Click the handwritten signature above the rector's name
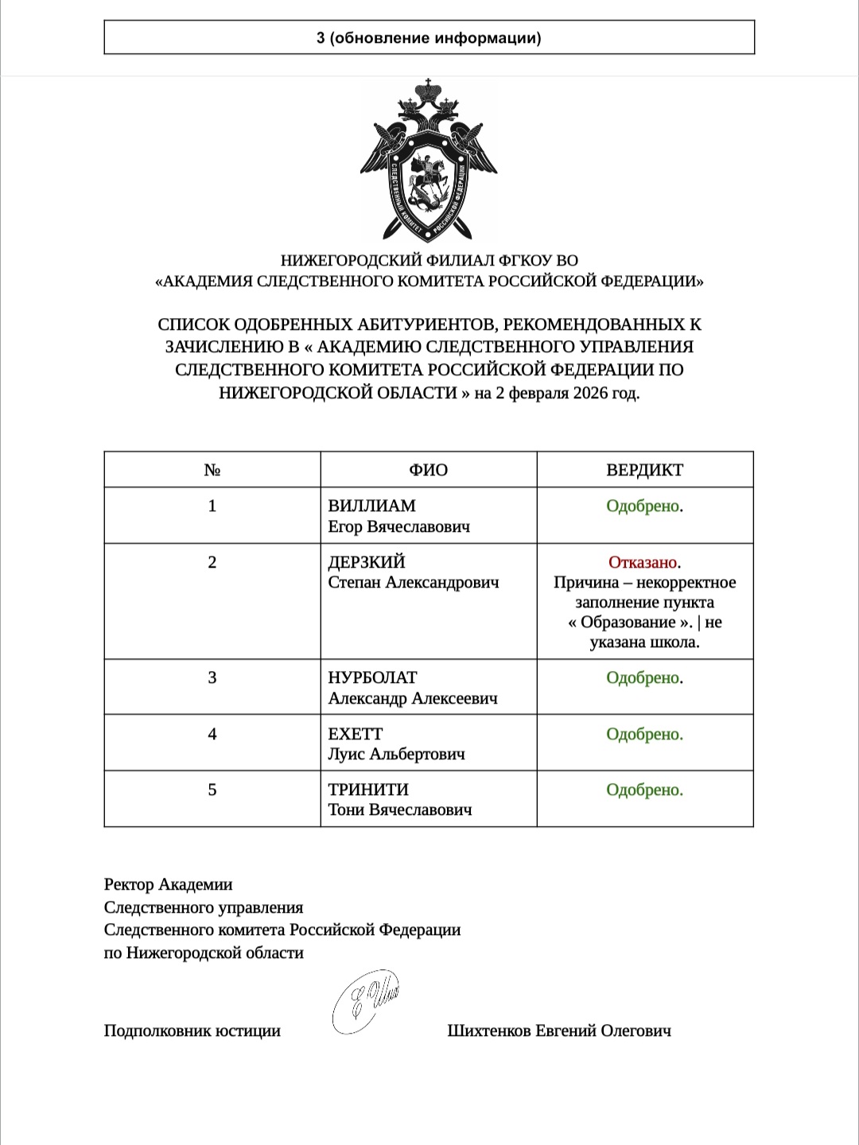[x=365, y=1000]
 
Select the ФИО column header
[x=428, y=470]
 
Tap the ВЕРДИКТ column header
[x=644, y=470]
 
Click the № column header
[x=212, y=470]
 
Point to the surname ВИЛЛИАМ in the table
[x=371, y=507]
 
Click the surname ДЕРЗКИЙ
[x=367, y=562]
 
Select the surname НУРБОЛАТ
[x=372, y=677]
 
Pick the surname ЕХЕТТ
[x=355, y=734]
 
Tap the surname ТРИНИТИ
[x=368, y=790]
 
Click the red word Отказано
[x=643, y=563]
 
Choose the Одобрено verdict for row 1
[x=643, y=507]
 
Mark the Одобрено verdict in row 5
[x=643, y=790]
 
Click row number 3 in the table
[x=212, y=677]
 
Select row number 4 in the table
[x=212, y=734]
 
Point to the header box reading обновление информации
[x=429, y=37]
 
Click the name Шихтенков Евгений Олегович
[x=559, y=1030]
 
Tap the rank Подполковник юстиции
[x=192, y=1030]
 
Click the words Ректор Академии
[x=168, y=884]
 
